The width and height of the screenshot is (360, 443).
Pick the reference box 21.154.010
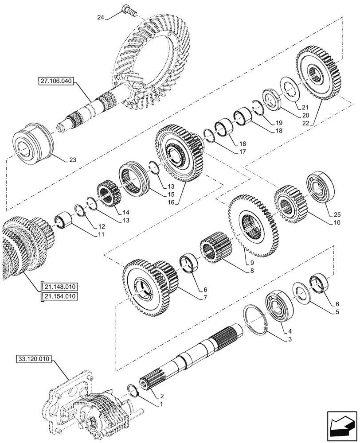(60, 296)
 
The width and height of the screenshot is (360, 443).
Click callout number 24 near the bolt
(102, 18)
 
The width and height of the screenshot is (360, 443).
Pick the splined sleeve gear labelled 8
(216, 251)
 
